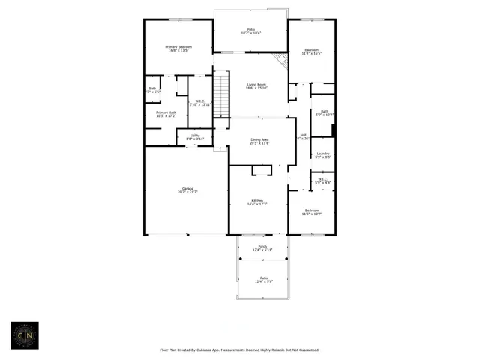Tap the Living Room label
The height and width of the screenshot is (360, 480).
(x=257, y=87)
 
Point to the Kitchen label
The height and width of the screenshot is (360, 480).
(x=257, y=202)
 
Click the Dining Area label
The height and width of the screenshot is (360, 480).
(x=259, y=141)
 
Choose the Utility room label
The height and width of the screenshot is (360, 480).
(x=195, y=137)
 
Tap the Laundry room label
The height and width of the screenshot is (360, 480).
(x=323, y=156)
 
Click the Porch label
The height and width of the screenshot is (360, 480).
(x=262, y=247)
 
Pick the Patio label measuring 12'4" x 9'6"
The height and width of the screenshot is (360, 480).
(x=262, y=279)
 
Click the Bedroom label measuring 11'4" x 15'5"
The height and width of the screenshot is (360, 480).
(x=310, y=52)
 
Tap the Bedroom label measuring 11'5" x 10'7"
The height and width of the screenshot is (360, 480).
(x=310, y=212)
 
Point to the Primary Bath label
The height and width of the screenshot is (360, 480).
(x=166, y=114)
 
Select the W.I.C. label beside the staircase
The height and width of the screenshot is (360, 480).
(x=200, y=103)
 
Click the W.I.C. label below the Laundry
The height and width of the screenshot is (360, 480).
(x=322, y=181)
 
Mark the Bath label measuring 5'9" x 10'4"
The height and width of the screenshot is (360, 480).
(x=324, y=112)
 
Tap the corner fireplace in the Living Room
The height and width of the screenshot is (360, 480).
(x=280, y=60)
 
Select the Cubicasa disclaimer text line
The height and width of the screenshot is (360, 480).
(x=239, y=349)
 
